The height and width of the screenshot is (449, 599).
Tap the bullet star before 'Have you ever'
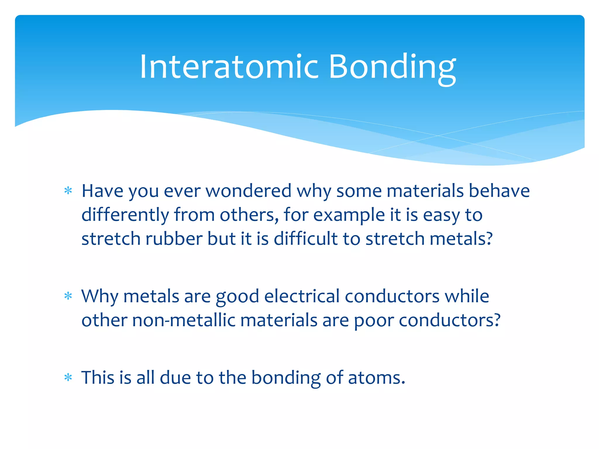68,191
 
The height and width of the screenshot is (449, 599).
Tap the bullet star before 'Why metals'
68,296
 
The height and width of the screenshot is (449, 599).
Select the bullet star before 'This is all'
68,378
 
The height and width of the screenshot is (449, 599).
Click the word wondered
249,191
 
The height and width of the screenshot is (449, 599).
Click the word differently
125,215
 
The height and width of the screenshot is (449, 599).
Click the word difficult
306,239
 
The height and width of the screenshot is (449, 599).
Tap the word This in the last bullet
98,378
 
